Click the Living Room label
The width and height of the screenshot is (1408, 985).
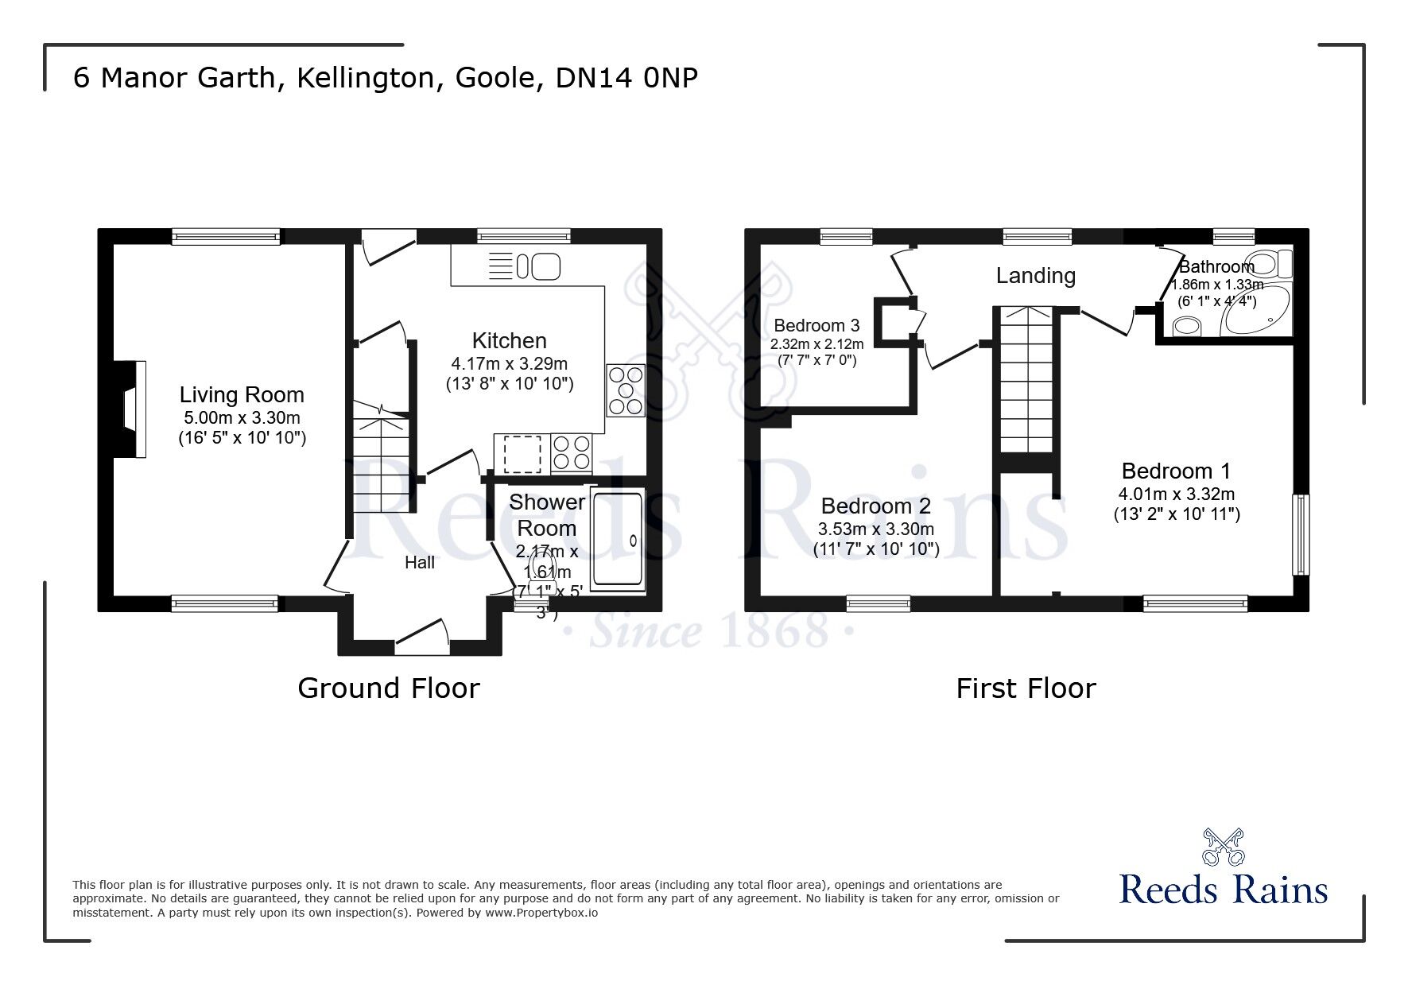tap(242, 395)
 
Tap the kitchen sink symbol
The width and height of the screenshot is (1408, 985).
tap(538, 266)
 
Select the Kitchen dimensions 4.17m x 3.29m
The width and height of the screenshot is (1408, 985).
tap(509, 364)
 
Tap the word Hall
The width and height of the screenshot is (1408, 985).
tap(420, 563)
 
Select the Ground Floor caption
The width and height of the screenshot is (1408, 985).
tap(389, 688)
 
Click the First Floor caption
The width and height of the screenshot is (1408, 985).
tap(1026, 688)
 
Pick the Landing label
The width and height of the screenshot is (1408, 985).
tap(1036, 276)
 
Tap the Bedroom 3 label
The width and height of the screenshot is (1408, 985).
tap(816, 325)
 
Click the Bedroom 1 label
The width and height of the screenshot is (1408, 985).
tap(1176, 471)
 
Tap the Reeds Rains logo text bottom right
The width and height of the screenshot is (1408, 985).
tap(1223, 890)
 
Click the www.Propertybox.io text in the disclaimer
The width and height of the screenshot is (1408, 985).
tap(541, 913)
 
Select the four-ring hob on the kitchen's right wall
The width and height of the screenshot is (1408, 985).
tap(626, 390)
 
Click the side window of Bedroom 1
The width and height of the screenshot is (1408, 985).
tap(1301, 534)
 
